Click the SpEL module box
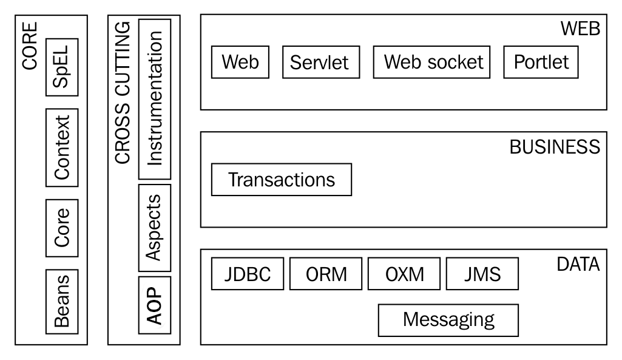(62, 67)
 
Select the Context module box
(62, 148)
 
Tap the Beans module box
(62, 302)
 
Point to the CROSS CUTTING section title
(123, 93)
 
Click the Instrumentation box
(155, 99)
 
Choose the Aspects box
(155, 228)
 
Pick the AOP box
(155, 305)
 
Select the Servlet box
(321, 63)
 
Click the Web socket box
(431, 63)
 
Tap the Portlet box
(541, 63)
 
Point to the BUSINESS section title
(555, 148)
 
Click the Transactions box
(281, 180)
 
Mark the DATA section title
(578, 264)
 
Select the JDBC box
(248, 274)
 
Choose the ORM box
(326, 274)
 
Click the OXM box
(404, 274)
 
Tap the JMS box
(482, 274)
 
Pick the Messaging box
(448, 321)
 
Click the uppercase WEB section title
(580, 29)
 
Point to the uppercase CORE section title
(30, 46)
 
